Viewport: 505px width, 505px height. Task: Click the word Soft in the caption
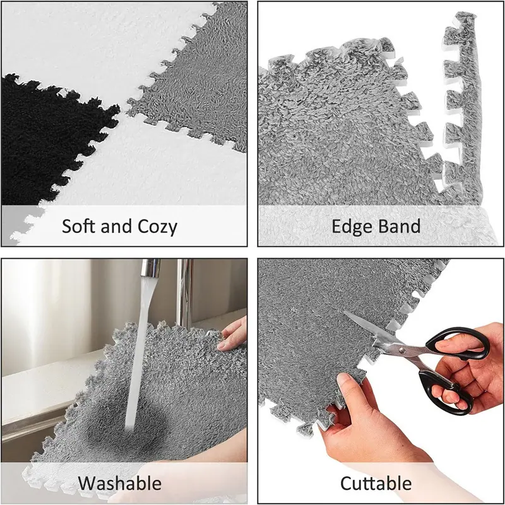pos(78,226)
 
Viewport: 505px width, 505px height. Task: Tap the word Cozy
pos(157,227)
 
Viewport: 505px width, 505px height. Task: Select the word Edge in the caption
pos(351,227)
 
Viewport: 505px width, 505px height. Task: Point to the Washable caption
pos(119,483)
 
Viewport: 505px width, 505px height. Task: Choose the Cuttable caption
pos(376,483)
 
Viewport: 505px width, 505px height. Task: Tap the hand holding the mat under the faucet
pos(232,334)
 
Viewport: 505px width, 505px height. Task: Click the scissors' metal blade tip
pos(344,312)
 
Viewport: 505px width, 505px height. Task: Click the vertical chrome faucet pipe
pos(184,293)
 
